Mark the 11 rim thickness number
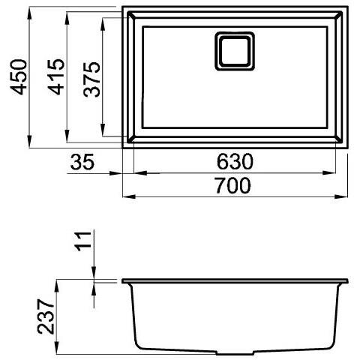point(85,242)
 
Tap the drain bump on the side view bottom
point(237,352)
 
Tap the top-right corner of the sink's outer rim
point(348,8)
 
